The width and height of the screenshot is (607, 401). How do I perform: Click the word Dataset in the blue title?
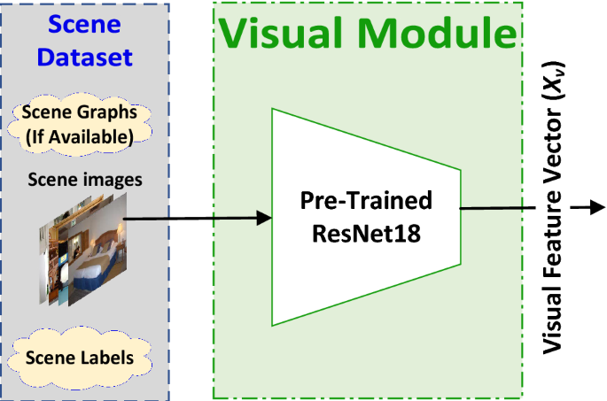pos(85,58)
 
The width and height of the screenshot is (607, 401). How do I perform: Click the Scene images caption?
pos(84,180)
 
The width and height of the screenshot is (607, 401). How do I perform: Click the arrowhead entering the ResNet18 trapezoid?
pos(263,218)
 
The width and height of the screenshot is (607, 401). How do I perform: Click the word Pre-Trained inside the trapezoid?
pos(365,201)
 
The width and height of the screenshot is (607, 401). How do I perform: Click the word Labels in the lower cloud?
pos(112,359)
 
